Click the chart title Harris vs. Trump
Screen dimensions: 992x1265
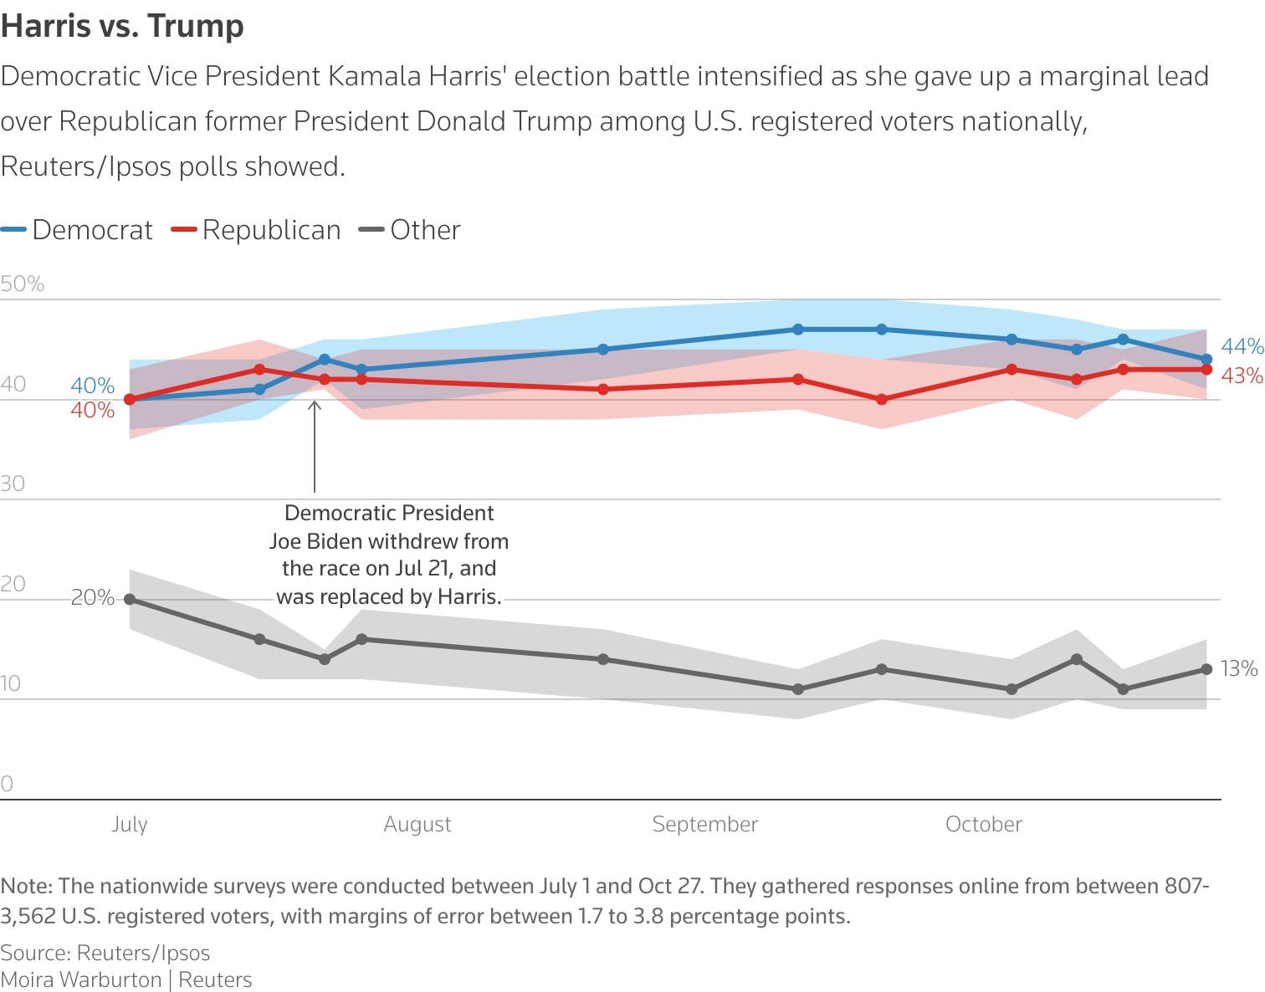coord(122,26)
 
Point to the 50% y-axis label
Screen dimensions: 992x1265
coord(23,284)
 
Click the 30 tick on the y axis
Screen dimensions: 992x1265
coord(13,483)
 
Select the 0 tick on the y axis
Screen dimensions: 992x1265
coord(7,784)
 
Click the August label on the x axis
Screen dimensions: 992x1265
coord(417,824)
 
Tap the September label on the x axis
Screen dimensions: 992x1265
coord(705,824)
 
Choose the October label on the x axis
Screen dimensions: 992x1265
coord(984,824)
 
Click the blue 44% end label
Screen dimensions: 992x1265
coord(1242,346)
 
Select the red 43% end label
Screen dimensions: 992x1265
coord(1242,376)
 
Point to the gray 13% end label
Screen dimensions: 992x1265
coord(1239,668)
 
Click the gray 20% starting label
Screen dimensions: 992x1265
coord(92,597)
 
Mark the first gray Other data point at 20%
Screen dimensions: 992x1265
coord(130,600)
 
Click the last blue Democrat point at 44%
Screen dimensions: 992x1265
coord(1206,360)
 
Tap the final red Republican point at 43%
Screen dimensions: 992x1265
coord(1206,370)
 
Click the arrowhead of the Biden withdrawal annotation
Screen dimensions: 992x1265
coord(315,404)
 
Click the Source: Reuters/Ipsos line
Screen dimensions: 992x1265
coord(105,953)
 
